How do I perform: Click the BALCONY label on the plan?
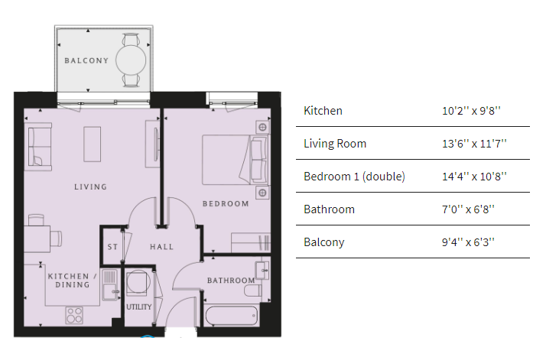86,60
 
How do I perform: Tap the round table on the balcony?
131,60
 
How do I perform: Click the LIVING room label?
90,187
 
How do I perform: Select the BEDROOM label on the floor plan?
226,203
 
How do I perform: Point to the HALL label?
161,247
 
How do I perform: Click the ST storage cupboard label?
112,247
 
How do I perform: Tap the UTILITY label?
139,306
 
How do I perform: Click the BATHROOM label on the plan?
231,281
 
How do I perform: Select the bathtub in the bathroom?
232,316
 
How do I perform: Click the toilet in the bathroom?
253,290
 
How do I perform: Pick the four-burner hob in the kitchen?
74,315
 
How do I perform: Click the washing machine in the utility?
138,281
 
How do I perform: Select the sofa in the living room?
40,147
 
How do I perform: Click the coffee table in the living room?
93,144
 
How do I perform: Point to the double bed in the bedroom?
236,160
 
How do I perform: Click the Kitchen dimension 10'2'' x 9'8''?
471,111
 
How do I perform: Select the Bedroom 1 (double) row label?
354,177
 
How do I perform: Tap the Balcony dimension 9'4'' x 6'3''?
468,242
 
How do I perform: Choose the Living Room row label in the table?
335,144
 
